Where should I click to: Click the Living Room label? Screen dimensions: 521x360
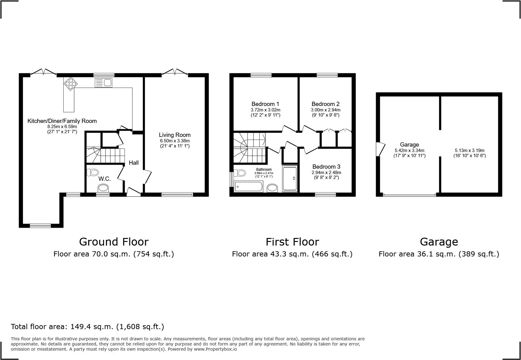coord(175,135)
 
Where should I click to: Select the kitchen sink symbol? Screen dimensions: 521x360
coord(103,83)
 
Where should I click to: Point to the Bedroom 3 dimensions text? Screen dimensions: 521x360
coord(326,175)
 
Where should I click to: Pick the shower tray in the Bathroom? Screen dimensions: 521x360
coord(290,178)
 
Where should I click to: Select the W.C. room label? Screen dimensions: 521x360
coord(104,179)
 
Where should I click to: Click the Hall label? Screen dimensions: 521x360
coord(134,163)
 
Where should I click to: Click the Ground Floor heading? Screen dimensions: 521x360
coord(114,242)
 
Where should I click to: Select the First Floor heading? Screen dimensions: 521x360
coord(292,242)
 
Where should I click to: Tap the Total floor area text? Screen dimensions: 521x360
coord(87,327)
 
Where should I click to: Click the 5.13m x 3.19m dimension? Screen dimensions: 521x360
coord(470,150)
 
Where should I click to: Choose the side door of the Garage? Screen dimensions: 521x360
coord(380,149)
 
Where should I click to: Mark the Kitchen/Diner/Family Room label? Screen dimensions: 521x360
coord(62,121)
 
